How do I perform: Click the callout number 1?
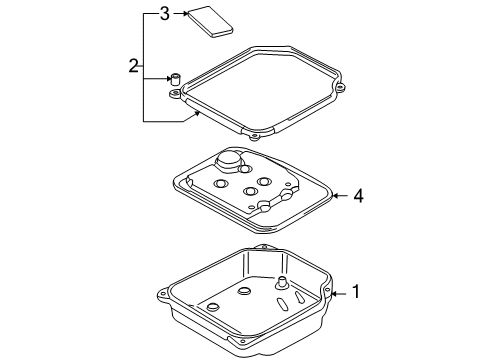tap(356, 291)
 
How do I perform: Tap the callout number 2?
tap(133, 66)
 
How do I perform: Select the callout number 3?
tap(165, 14)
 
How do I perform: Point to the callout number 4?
tap(358, 196)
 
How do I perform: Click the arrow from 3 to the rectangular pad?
tap(181, 13)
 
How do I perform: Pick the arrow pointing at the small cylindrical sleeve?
tap(157, 79)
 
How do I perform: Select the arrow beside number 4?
tap(340, 196)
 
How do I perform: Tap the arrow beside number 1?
tap(339, 294)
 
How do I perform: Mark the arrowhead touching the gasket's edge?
tap(198, 113)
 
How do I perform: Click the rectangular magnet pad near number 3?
tap(210, 21)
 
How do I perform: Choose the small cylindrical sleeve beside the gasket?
tap(175, 79)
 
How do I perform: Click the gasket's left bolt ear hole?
tap(174, 94)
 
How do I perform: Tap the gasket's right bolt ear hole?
tap(340, 88)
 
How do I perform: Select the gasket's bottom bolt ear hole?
tap(254, 136)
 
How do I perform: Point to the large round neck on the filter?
tap(229, 162)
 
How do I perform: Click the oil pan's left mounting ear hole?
tap(163, 295)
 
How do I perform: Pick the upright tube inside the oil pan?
tap(282, 283)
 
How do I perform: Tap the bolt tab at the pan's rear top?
tap(265, 247)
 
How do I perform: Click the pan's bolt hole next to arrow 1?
tap(327, 290)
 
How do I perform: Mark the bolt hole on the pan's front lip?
tap(243, 342)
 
